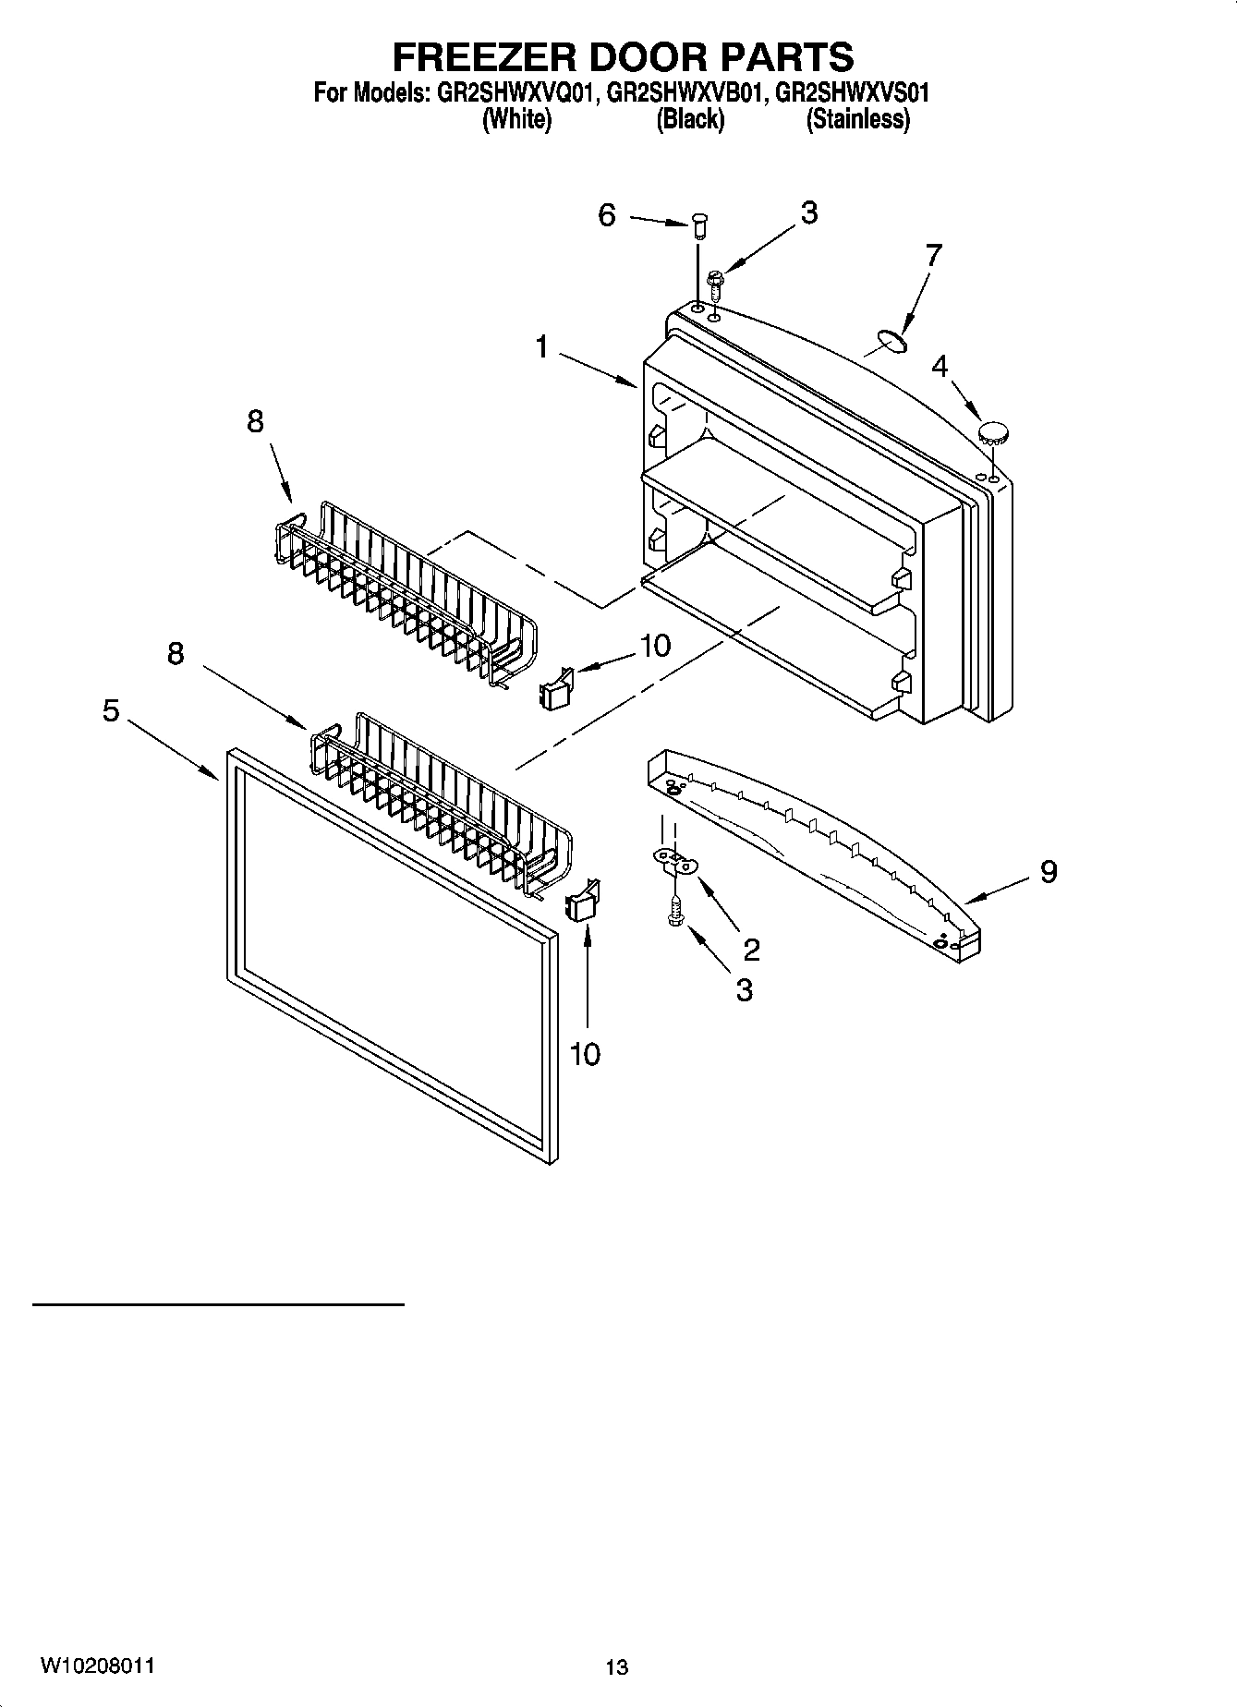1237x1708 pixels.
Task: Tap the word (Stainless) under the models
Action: pos(857,120)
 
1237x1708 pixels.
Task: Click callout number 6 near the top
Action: pos(607,215)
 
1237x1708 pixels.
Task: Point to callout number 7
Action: pos(933,255)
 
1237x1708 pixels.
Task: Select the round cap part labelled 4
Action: pos(993,431)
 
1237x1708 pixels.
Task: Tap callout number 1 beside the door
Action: pos(542,347)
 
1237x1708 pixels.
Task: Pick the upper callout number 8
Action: pos(255,421)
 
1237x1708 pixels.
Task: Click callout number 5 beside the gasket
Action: pos(111,710)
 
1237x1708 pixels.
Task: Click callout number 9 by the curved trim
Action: pos(1048,871)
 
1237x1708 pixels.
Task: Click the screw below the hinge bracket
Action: pos(676,915)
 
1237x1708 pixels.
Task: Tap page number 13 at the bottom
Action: pos(616,1667)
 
